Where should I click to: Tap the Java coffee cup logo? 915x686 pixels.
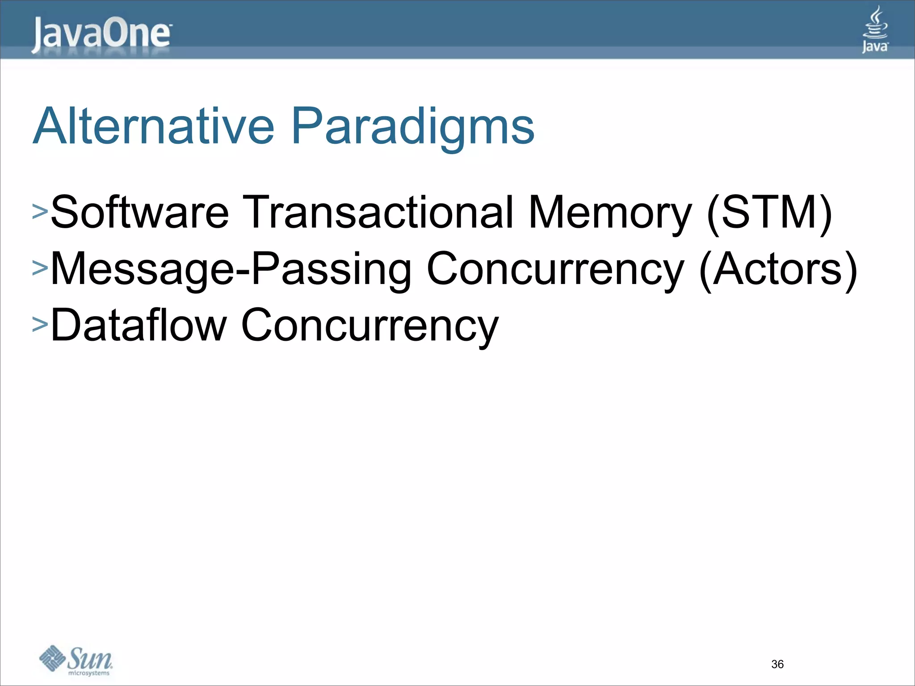pos(875,29)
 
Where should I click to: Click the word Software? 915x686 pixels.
pos(140,212)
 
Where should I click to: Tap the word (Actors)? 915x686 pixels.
pos(778,269)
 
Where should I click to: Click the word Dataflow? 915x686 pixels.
pos(139,325)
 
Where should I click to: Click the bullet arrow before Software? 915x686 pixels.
pos(40,212)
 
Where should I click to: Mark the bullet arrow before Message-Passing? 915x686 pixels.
pos(40,268)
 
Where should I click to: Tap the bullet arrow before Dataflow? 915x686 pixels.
pos(40,324)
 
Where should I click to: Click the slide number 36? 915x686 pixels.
pos(777,664)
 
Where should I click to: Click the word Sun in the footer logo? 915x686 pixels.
pos(91,658)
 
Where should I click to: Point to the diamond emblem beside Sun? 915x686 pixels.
pos(52,658)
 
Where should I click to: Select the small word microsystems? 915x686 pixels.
pos(88,673)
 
